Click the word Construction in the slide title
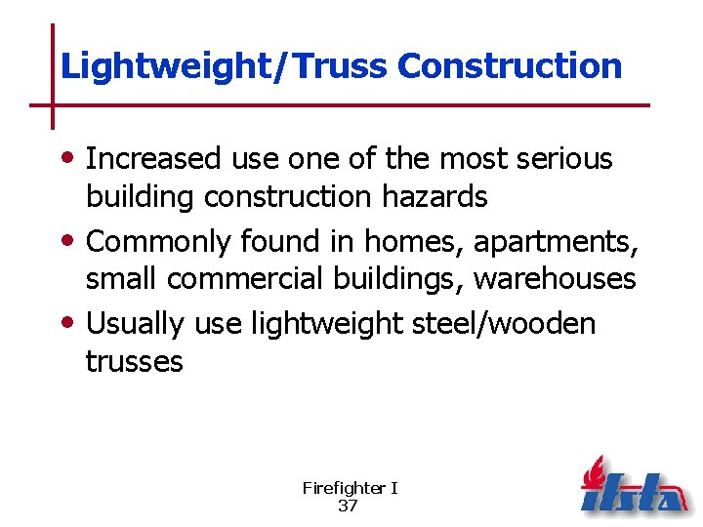510,65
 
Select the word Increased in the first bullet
154,159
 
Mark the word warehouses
555,279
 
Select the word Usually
136,323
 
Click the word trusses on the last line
134,361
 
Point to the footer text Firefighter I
350,488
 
